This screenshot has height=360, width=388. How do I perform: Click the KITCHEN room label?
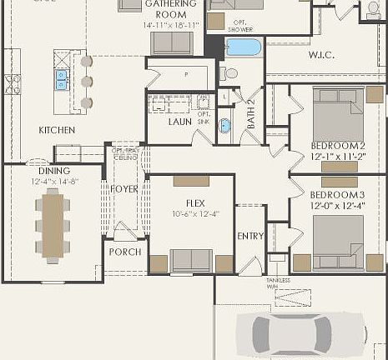[57, 130]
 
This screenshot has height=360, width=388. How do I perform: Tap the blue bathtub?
[243, 47]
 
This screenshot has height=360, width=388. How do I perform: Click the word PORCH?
[125, 252]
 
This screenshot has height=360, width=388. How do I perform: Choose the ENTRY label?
[250, 236]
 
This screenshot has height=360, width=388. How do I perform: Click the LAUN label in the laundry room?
[179, 122]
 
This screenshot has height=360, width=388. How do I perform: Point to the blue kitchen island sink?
[61, 79]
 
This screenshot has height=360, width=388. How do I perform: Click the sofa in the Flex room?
[191, 260]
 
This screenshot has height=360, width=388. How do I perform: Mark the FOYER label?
[125, 188]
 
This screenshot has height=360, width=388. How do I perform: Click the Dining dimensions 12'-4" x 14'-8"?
[53, 181]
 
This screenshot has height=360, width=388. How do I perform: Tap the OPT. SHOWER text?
[239, 26]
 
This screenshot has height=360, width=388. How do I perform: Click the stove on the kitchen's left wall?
[12, 84]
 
